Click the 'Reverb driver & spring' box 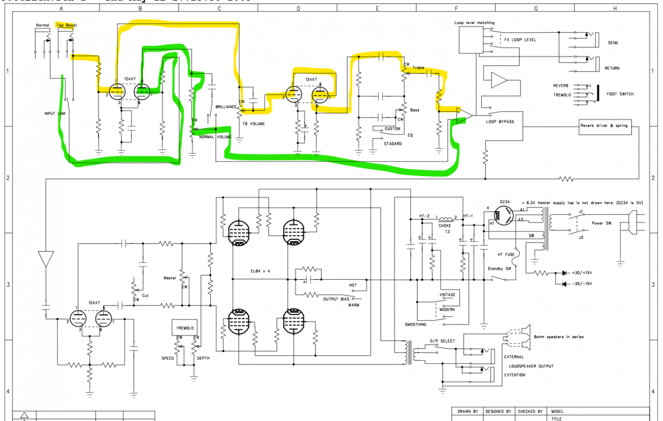605,127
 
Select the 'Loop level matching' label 474,23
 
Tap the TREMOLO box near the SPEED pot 184,328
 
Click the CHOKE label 445,225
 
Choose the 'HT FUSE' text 500,255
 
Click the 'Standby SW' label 500,269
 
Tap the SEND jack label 613,43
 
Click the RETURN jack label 612,68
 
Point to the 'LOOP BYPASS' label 500,122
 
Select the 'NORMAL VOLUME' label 215,137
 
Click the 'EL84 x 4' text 260,270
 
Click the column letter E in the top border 377,8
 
